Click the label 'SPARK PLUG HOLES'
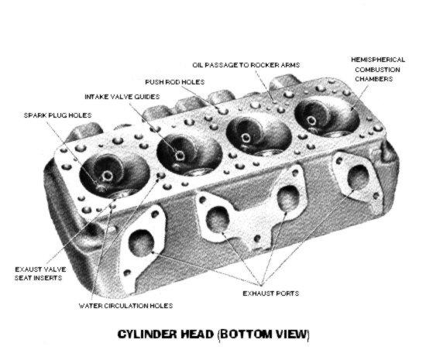point(57,115)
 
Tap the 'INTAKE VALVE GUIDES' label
point(122,97)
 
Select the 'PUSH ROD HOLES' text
point(175,82)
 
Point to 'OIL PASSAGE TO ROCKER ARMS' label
point(246,65)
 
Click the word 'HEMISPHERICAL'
point(378,60)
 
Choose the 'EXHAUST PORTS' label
point(271,293)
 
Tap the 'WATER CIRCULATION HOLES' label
point(125,306)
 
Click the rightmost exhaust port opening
point(359,177)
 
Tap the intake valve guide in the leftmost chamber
point(108,177)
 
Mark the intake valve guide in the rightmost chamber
point(311,120)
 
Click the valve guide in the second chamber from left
point(180,156)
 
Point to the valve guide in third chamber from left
point(246,137)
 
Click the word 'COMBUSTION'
point(377,70)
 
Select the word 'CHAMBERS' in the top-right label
point(374,79)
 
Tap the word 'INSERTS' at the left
point(38,278)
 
